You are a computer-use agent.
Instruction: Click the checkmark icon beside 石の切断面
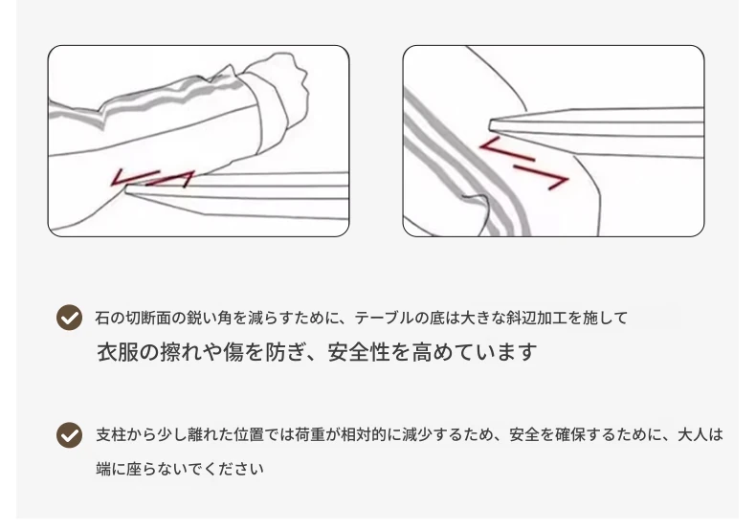coord(70,318)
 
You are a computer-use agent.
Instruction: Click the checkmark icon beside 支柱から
coord(70,435)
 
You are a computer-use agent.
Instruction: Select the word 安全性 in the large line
coord(358,352)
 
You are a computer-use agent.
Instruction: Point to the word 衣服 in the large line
coord(117,352)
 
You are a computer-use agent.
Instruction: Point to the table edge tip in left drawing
coord(127,189)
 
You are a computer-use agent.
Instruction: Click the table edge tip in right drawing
coord(491,125)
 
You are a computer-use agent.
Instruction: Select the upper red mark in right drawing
coord(506,149)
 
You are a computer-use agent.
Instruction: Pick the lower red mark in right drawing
coord(542,177)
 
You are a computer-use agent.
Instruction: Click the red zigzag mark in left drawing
coord(152,178)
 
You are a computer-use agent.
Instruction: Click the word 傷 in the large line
coord(233,352)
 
